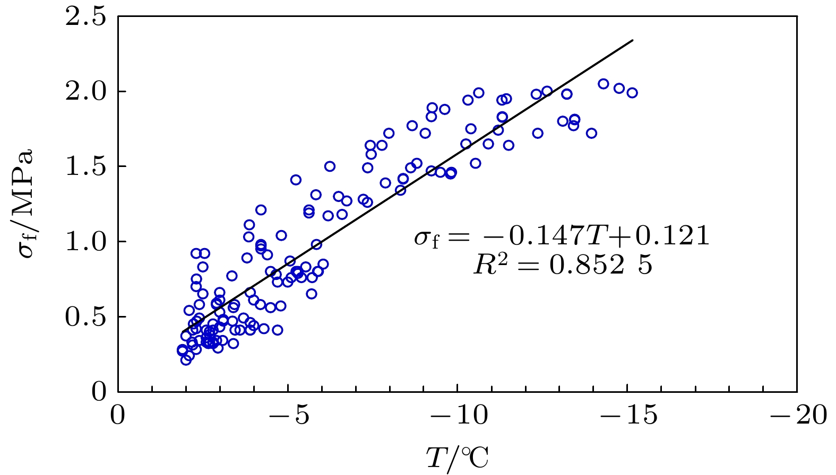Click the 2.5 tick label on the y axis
(x=85, y=17)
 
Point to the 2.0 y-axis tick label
(x=85, y=92)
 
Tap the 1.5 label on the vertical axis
(x=85, y=166)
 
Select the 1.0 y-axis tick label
(x=85, y=242)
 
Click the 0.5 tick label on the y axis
(x=85, y=317)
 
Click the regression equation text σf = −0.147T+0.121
(x=562, y=236)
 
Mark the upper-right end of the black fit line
(x=633, y=40)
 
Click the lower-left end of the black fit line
(x=183, y=332)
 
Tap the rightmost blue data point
(x=632, y=93)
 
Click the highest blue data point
(x=603, y=84)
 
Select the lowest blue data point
(x=185, y=360)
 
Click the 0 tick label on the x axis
(x=118, y=415)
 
